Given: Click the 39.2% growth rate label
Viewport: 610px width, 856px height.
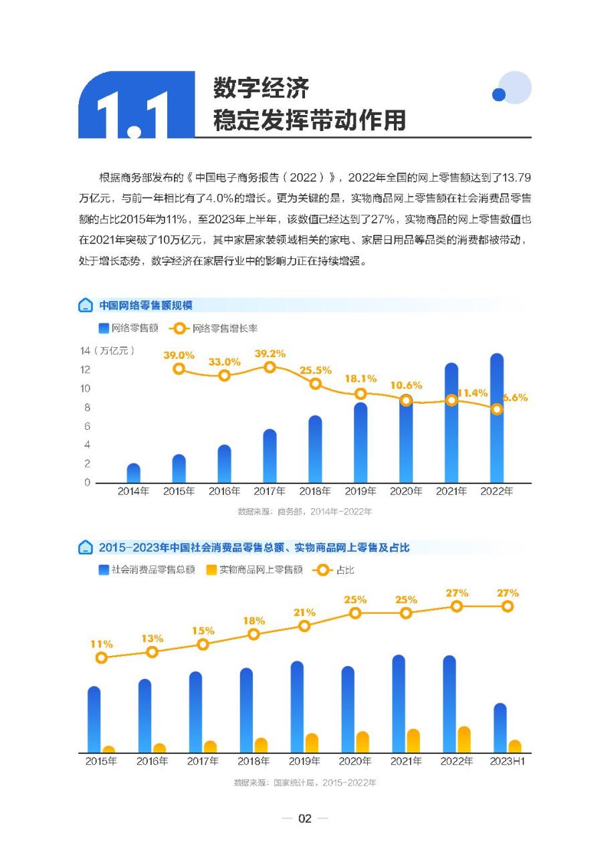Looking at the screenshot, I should pyautogui.click(x=270, y=353).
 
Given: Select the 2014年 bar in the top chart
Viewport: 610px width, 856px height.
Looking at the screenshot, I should pyautogui.click(x=133, y=473).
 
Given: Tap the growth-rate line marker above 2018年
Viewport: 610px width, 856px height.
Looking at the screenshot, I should pyautogui.click(x=316, y=384).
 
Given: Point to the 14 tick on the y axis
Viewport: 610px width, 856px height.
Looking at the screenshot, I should pyautogui.click(x=85, y=350).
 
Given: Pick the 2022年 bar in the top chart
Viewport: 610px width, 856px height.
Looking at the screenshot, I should pyautogui.click(x=497, y=418).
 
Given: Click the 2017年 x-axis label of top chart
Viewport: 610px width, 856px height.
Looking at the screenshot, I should pyautogui.click(x=270, y=492).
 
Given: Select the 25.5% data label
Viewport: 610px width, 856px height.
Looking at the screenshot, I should pyautogui.click(x=316, y=370).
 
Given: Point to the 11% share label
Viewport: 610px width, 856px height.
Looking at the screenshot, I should pyautogui.click(x=101, y=644).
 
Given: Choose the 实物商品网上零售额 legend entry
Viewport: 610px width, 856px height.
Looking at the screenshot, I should pyautogui.click(x=254, y=570).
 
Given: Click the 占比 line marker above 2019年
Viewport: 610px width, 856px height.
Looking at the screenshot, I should pyautogui.click(x=304, y=626).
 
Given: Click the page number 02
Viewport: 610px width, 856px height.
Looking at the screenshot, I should pyautogui.click(x=305, y=819).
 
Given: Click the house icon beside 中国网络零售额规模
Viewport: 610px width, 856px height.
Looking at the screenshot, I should pyautogui.click(x=86, y=306).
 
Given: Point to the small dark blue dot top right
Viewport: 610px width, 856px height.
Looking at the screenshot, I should pyautogui.click(x=498, y=95).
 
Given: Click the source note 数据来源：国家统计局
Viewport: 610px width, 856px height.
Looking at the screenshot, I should pyautogui.click(x=304, y=782).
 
